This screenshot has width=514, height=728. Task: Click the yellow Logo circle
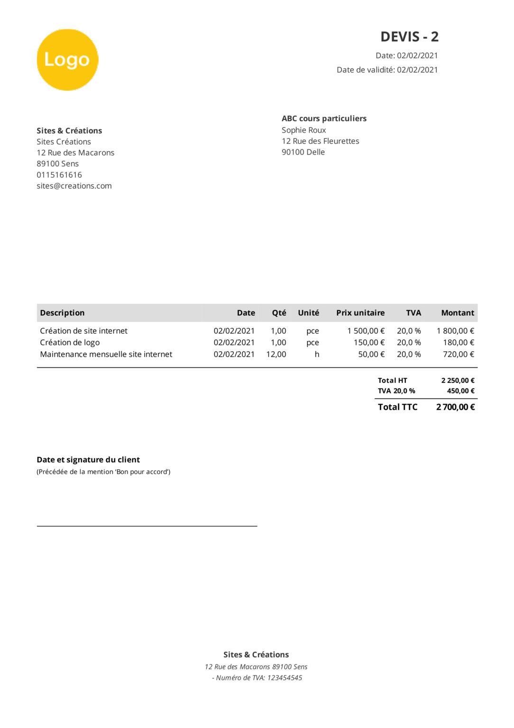click(x=67, y=60)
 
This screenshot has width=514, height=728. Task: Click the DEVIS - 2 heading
click(x=409, y=36)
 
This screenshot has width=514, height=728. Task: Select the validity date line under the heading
click(x=387, y=70)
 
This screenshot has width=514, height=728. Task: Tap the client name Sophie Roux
click(x=303, y=130)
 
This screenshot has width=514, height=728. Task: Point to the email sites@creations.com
click(x=74, y=186)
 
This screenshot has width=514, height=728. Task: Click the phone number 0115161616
click(x=59, y=175)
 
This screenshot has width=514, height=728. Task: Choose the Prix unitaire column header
click(x=360, y=313)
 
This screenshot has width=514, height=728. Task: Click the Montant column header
click(x=457, y=313)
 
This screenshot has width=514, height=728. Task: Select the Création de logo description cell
click(x=70, y=342)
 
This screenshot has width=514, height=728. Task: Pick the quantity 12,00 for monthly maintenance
click(x=276, y=354)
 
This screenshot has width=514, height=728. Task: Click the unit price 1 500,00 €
click(x=366, y=331)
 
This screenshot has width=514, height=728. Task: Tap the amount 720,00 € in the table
click(x=458, y=354)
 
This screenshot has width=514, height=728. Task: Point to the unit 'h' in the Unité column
click(x=317, y=354)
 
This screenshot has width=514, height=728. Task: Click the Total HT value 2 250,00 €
click(x=458, y=380)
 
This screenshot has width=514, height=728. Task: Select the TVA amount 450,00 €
click(x=460, y=391)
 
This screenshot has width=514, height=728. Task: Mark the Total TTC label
click(x=397, y=407)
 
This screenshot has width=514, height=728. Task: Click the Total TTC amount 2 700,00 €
click(x=455, y=407)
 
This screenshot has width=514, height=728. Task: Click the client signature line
click(x=147, y=526)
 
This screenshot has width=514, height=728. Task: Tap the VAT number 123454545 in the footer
click(x=285, y=678)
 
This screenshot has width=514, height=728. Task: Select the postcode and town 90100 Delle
click(x=303, y=152)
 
